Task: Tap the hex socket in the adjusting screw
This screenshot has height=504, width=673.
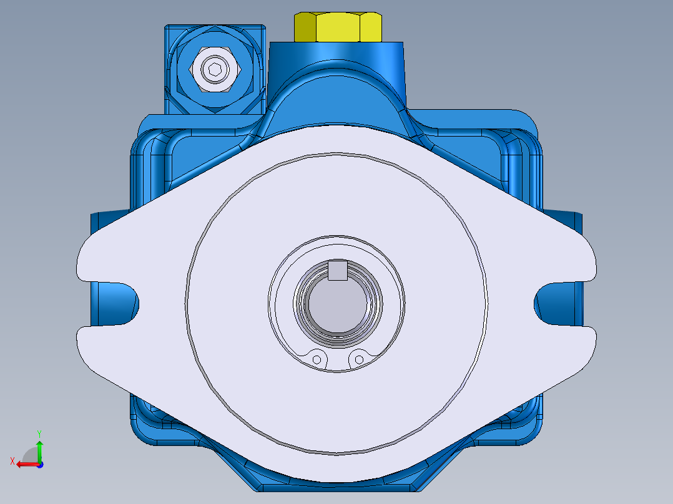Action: point(214,70)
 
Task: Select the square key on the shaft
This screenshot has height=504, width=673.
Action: point(338,271)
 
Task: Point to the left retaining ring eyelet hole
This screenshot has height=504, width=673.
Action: point(317,359)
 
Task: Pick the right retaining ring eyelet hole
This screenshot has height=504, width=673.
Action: point(358,359)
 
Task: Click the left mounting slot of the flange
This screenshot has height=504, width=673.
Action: point(119,303)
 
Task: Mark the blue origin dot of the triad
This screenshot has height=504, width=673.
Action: point(40,464)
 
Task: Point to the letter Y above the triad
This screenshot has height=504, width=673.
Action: point(39,432)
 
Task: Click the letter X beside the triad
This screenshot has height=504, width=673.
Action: point(12,461)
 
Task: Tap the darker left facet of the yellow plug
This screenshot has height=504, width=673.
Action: point(305,26)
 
